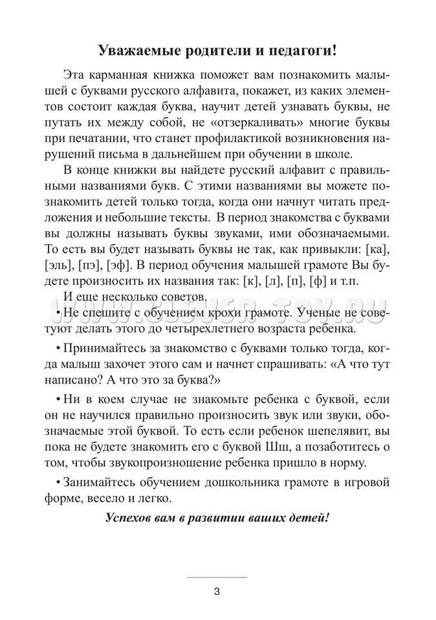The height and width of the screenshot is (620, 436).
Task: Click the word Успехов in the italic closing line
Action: click(131, 519)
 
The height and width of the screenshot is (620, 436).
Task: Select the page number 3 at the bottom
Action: click(217, 590)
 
